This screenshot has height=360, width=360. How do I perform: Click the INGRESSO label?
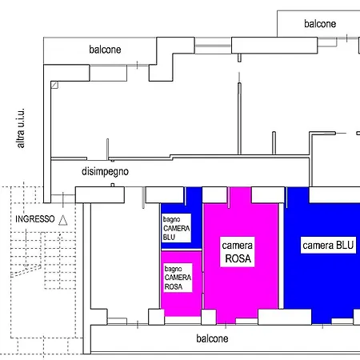(35, 219)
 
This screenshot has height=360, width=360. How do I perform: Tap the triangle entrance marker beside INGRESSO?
(63, 221)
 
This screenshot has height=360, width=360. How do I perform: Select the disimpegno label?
(105, 171)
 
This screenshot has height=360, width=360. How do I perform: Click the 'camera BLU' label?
(328, 245)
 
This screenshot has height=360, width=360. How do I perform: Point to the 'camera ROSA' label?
(238, 252)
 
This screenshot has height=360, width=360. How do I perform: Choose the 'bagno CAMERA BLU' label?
(176, 228)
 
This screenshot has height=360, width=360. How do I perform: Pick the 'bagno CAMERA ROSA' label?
(178, 278)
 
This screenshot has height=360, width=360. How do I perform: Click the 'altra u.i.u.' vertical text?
(21, 128)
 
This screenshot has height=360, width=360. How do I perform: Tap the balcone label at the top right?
(320, 24)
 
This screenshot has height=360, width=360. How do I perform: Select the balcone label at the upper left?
(105, 50)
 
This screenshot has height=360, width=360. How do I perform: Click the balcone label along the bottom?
(212, 338)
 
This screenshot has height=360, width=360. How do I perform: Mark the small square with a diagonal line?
(54, 85)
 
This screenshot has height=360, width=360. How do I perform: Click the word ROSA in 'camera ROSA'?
(238, 258)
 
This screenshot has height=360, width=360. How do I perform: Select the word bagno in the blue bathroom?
(171, 220)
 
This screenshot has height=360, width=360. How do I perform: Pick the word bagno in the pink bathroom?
(173, 269)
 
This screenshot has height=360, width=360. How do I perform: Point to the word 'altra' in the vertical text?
(21, 138)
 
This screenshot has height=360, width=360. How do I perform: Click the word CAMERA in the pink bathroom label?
(178, 278)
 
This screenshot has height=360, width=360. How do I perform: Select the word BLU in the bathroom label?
(169, 237)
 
